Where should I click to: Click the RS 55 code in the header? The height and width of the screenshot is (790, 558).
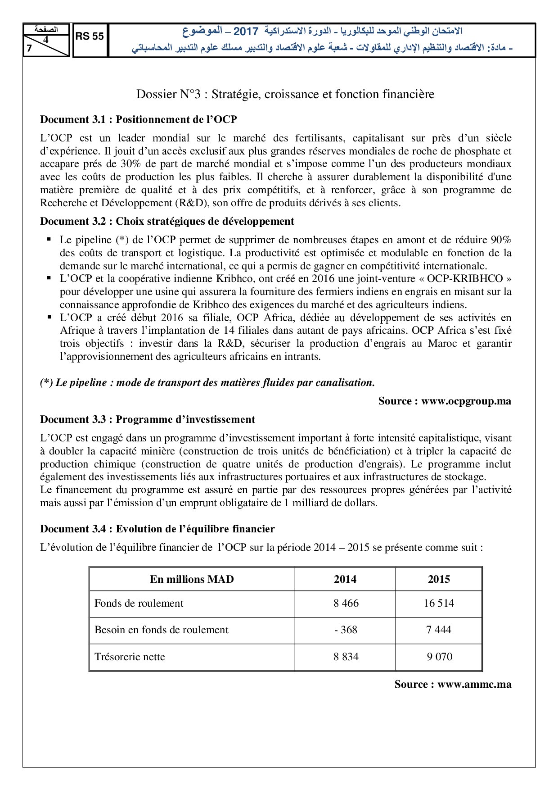pyautogui.click(x=90, y=37)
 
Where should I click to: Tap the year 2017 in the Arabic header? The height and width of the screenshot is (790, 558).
pyautogui.click(x=246, y=32)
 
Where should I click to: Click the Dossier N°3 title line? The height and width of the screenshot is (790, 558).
pyautogui.click(x=285, y=94)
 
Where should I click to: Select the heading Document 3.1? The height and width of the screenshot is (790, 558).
pyautogui.click(x=138, y=119)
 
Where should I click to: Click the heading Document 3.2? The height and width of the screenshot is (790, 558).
pyautogui.click(x=167, y=221)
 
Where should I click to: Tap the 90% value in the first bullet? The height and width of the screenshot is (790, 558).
pyautogui.click(x=500, y=240)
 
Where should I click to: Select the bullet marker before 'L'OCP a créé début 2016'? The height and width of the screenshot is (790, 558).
pyautogui.click(x=49, y=317)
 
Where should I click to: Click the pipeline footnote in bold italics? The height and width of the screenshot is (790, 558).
pyautogui.click(x=207, y=383)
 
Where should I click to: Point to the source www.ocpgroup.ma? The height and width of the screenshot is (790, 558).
pyautogui.click(x=445, y=401)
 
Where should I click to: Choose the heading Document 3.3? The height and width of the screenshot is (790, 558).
pyautogui.click(x=147, y=419)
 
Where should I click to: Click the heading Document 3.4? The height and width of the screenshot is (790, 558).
pyautogui.click(x=157, y=529)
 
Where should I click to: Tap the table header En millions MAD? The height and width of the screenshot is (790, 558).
pyautogui.click(x=192, y=579)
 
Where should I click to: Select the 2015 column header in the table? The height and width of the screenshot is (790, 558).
pyautogui.click(x=439, y=579)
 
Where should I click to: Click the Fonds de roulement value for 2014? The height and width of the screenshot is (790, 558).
pyautogui.click(x=346, y=604)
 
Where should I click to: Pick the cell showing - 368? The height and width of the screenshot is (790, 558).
pyautogui.click(x=346, y=630)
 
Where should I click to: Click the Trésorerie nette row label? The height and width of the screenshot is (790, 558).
pyautogui.click(x=130, y=657)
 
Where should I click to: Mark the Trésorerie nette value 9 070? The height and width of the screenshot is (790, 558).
pyautogui.click(x=439, y=657)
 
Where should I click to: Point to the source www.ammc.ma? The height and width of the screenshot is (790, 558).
pyautogui.click(x=453, y=684)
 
